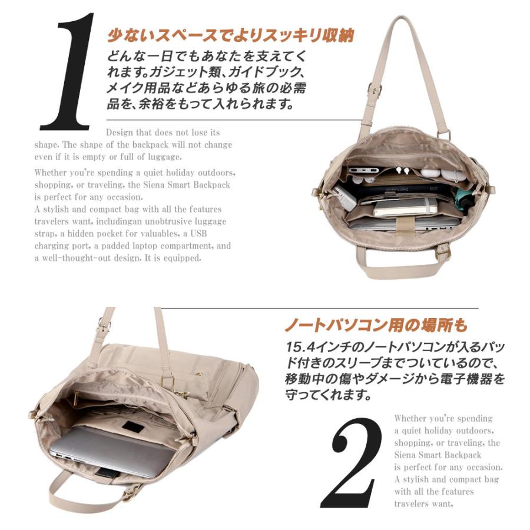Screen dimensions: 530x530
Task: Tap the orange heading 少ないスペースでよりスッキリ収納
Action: coord(230,36)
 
